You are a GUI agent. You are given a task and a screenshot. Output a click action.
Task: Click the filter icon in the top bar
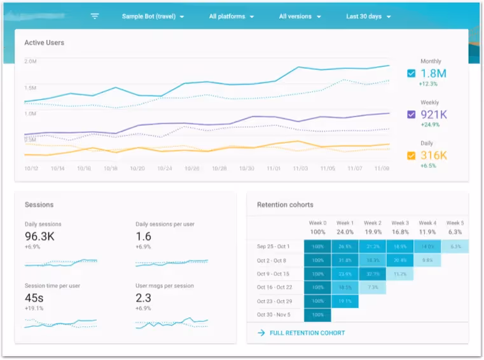(x=95, y=17)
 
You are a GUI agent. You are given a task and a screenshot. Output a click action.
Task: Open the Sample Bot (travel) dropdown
(x=153, y=17)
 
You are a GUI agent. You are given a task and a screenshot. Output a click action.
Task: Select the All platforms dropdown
(x=232, y=17)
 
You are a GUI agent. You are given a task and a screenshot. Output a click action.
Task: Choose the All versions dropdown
(x=300, y=17)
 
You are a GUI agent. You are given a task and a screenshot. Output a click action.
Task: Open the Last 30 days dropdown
(x=368, y=17)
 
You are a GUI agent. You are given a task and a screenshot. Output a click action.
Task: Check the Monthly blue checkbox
(x=411, y=73)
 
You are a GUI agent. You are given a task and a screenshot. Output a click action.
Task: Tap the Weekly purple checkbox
(x=411, y=114)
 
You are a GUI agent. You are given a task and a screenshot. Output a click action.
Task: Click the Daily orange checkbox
(x=411, y=155)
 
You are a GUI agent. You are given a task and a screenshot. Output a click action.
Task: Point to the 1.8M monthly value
(x=434, y=73)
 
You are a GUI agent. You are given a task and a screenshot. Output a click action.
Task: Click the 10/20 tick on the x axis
(x=137, y=169)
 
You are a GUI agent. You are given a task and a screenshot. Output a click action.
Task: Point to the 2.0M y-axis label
(x=30, y=61)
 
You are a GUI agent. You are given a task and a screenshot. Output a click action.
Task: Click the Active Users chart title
(x=44, y=43)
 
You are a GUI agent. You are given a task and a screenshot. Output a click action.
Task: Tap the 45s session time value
(x=34, y=297)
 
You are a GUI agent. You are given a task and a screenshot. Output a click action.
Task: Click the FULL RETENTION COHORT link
(x=307, y=333)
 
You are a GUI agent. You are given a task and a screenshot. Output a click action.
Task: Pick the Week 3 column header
(x=399, y=223)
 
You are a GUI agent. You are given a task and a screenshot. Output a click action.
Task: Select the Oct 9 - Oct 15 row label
(x=273, y=274)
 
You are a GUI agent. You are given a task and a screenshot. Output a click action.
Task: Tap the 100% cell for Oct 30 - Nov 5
(x=317, y=315)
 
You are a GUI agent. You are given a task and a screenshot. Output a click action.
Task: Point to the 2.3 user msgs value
(x=143, y=297)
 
